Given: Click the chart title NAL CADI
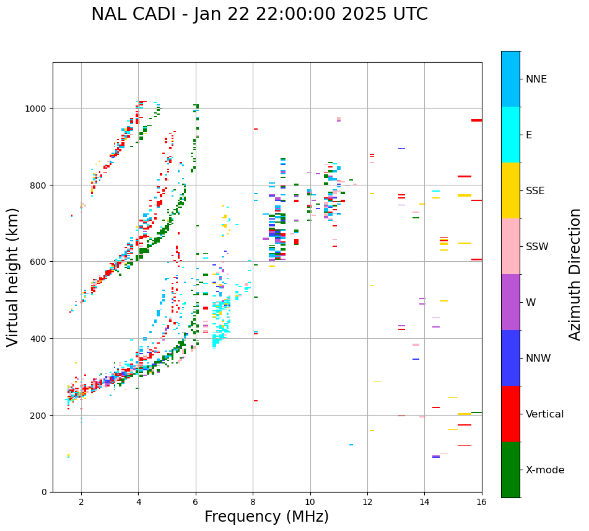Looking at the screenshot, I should pyautogui.click(x=259, y=14).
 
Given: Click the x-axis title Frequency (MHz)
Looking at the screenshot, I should pyautogui.click(x=266, y=517).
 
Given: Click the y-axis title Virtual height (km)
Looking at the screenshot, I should pyautogui.click(x=13, y=277).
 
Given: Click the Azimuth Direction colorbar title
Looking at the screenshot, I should pyautogui.click(x=575, y=274).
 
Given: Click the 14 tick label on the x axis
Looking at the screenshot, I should pyautogui.click(x=425, y=502).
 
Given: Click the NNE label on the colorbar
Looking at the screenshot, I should pyautogui.click(x=536, y=79).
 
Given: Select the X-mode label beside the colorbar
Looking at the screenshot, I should pyautogui.click(x=545, y=470).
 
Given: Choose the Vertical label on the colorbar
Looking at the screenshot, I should pyautogui.click(x=545, y=414).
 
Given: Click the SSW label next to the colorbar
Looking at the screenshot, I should pyautogui.click(x=537, y=247).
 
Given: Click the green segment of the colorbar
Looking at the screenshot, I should pyautogui.click(x=510, y=470).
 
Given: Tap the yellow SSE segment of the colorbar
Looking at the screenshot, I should pyautogui.click(x=510, y=190).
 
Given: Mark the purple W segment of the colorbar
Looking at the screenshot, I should pyautogui.click(x=510, y=302).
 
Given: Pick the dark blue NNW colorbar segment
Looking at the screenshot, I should pyautogui.click(x=510, y=358).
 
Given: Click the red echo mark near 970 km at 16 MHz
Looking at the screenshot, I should pyautogui.click(x=476, y=120).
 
